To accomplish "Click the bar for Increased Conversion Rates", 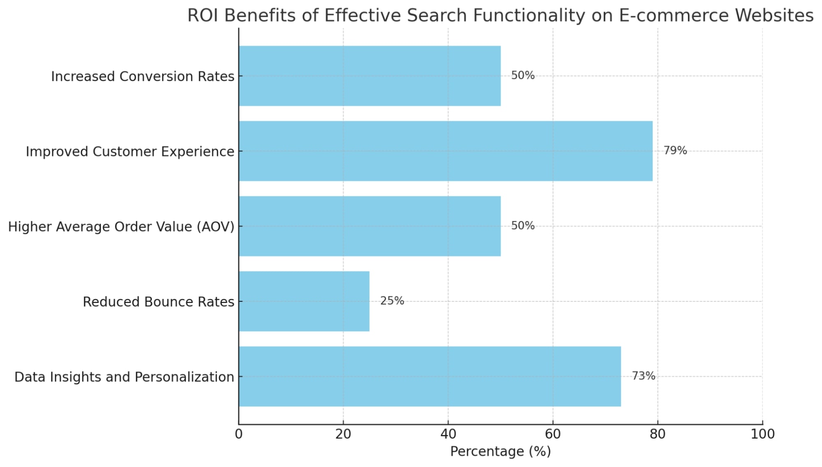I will tap(369, 76).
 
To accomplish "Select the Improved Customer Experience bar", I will tap(445, 151).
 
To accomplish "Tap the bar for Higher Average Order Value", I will tap(369, 226).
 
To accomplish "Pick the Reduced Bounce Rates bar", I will tap(304, 301).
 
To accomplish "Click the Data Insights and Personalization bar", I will tap(430, 377).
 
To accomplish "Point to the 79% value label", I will tap(675, 150).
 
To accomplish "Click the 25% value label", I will tap(392, 301).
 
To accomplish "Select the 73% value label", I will tap(643, 376).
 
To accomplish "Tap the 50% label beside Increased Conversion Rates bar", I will tap(523, 76).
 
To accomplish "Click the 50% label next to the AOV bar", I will tap(523, 226).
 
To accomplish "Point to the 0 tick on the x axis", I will tap(238, 434).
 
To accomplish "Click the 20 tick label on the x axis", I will tap(343, 434).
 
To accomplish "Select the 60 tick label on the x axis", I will tap(553, 434).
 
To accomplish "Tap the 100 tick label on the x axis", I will tap(762, 434).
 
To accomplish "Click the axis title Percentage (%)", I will tap(500, 451).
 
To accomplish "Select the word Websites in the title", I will tap(774, 16).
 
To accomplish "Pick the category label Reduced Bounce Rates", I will tap(158, 302).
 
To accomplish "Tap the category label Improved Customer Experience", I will tap(130, 152).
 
